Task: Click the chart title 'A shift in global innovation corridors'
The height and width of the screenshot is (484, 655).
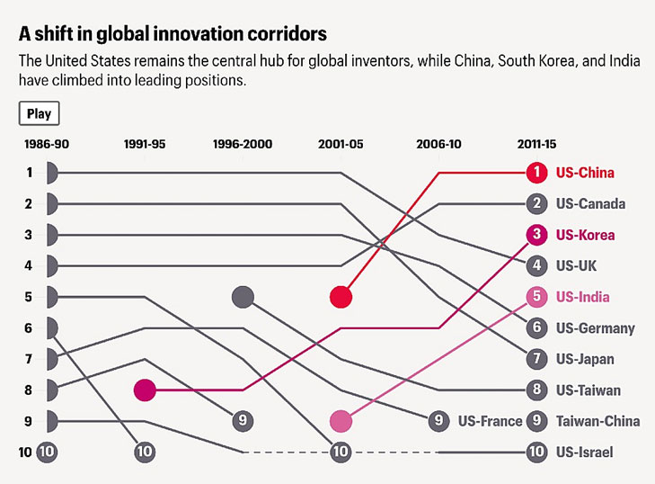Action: (172, 34)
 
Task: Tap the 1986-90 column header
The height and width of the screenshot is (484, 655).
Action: (46, 144)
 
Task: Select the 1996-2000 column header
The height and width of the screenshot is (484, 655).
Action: (242, 144)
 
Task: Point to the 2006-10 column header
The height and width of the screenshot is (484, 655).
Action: (439, 144)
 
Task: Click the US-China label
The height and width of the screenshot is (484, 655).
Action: (585, 172)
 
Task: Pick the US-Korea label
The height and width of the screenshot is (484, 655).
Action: (585, 235)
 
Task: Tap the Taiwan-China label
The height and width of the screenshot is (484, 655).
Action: (597, 420)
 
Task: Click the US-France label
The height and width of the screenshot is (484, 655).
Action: (490, 420)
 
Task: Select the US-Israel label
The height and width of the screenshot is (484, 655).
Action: (584, 452)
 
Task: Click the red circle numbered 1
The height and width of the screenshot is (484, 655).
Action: (536, 172)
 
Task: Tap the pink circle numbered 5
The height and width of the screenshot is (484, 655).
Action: (536, 296)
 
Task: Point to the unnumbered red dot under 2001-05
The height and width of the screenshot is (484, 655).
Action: (341, 297)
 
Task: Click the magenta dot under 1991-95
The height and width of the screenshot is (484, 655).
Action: (145, 390)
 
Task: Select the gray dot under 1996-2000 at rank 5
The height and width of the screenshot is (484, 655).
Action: (243, 296)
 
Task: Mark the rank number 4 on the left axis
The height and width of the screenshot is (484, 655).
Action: (29, 265)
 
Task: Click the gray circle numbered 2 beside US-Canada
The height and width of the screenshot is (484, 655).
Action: (536, 203)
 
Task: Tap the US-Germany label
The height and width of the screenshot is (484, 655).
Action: (595, 327)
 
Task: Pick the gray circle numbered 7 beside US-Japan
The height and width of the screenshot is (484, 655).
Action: (536, 359)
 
